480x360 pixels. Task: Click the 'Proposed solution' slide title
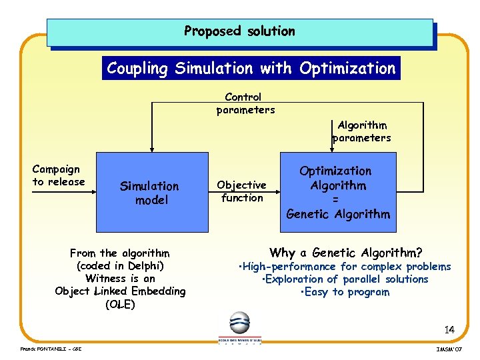click(239, 31)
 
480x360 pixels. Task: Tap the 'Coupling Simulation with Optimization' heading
click(251, 68)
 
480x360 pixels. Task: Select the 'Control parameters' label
click(245, 103)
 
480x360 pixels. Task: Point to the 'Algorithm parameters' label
click(362, 131)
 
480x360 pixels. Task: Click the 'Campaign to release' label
click(59, 175)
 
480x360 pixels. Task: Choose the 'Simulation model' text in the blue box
click(149, 193)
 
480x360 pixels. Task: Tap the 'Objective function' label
click(242, 191)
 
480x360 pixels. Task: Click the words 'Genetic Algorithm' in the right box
click(338, 214)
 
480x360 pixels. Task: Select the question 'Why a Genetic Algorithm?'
click(345, 253)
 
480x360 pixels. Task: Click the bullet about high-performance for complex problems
click(346, 267)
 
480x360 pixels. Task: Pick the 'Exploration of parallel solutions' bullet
click(345, 279)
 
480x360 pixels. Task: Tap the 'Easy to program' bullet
click(345, 292)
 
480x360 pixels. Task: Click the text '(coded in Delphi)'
click(120, 265)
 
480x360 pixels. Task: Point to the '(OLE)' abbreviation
click(120, 305)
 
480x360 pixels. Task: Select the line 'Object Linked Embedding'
click(120, 291)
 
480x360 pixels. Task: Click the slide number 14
click(449, 329)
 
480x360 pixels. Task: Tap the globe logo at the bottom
click(239, 323)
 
